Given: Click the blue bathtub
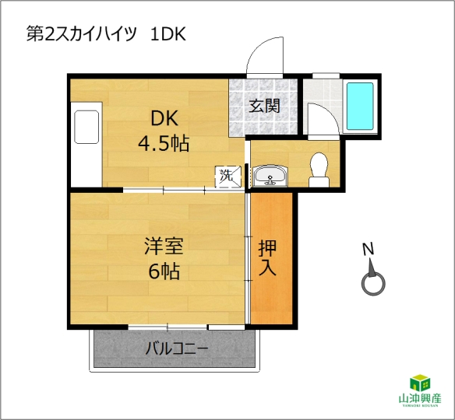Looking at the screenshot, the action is coord(360,106).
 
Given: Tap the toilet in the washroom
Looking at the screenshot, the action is coord(319,170).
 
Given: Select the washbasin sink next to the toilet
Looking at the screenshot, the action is coord(270,176).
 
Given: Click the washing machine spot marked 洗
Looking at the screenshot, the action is coord(228,177).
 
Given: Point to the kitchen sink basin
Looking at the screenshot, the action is coord(86,127).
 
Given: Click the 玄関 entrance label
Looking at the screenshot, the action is coord(265,106).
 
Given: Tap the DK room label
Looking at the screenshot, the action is coord(164,118).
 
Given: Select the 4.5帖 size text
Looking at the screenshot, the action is coord(164,143).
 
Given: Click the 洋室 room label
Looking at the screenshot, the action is coord(164,246).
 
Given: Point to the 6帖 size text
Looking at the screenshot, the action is coord(164,271).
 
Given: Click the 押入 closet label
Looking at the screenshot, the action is coord(267,257).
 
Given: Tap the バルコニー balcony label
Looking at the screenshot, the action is coord(177,348).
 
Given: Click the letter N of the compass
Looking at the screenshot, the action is coord(368,250).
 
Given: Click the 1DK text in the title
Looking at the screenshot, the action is coord(168,34).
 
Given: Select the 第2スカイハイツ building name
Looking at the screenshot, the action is coord(82,34).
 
